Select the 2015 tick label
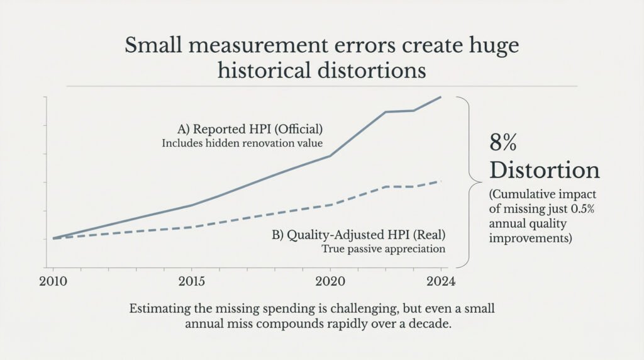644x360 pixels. (x=191, y=281)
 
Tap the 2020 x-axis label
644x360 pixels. (x=330, y=281)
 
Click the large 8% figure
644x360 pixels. (x=503, y=143)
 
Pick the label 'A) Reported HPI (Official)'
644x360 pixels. (x=250, y=129)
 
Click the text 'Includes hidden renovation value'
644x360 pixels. (x=242, y=143)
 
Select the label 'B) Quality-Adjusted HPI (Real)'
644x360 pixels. (x=358, y=235)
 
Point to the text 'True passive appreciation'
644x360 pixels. (x=383, y=249)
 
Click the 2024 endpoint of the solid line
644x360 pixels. (x=440, y=97)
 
